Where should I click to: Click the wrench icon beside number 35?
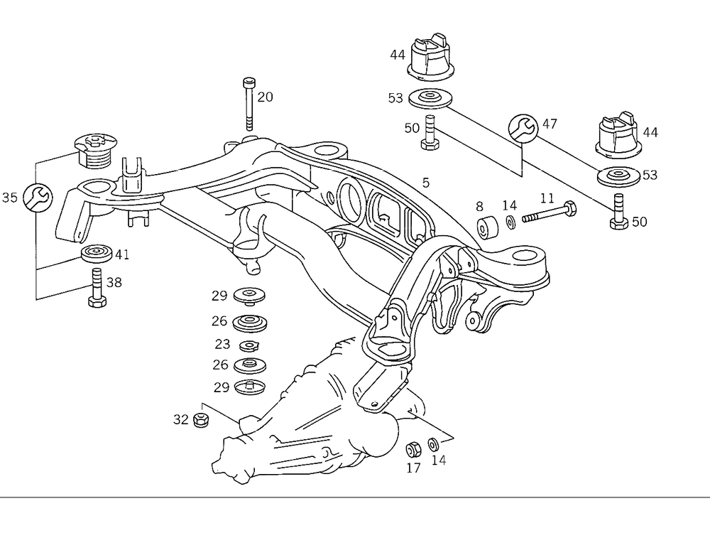[x=36, y=197]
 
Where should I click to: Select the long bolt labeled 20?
[x=248, y=102]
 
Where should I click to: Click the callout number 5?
[x=425, y=183]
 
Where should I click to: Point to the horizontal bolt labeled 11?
[x=550, y=213]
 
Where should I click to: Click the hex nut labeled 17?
[x=412, y=449]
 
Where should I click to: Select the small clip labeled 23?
[x=248, y=346]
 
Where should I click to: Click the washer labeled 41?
[x=97, y=254]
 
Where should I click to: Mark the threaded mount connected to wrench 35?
[x=93, y=150]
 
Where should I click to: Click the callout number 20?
[x=265, y=97]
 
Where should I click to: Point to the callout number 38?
[x=114, y=282]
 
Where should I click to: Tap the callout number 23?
[x=222, y=345]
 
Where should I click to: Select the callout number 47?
[x=550, y=124]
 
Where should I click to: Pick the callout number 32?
[x=181, y=419]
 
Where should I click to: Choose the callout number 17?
[x=413, y=468]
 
